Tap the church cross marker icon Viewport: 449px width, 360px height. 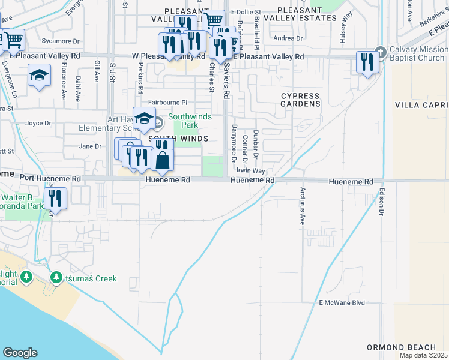coord(379,51)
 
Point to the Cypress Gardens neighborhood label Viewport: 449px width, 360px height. coord(301,100)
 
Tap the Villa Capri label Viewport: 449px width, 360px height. coord(421,104)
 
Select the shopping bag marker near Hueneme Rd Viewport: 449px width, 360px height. coord(162,160)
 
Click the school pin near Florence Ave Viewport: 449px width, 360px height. coord(39,76)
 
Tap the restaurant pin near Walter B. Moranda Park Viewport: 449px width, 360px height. coord(55,198)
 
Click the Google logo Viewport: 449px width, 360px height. coord(20,352)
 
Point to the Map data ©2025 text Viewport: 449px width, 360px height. coord(424,355)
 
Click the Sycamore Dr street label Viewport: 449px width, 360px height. coord(65,41)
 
